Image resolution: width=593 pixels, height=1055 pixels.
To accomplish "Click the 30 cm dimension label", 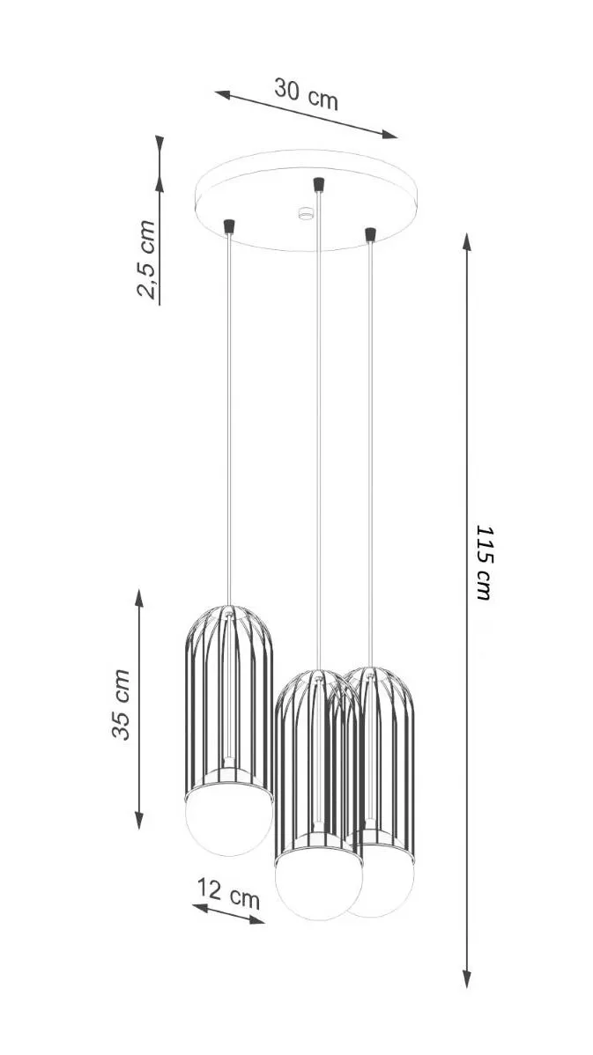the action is tap(306, 93).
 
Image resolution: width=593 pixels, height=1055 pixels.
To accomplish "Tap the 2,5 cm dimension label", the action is tap(146, 259).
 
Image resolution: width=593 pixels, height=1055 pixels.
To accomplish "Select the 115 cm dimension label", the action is tap(484, 563).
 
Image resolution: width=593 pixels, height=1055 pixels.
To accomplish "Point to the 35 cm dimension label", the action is tap(122, 705).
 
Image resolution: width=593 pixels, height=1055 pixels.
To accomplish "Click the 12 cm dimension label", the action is tap(229, 892).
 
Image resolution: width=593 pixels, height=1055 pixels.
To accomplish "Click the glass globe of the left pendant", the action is tap(229, 823).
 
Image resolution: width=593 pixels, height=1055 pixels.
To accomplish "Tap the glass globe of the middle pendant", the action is tap(318, 885).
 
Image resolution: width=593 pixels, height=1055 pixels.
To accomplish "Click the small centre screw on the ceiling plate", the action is tap(307, 213).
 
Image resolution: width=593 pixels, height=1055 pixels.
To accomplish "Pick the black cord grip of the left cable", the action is tap(229, 226).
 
